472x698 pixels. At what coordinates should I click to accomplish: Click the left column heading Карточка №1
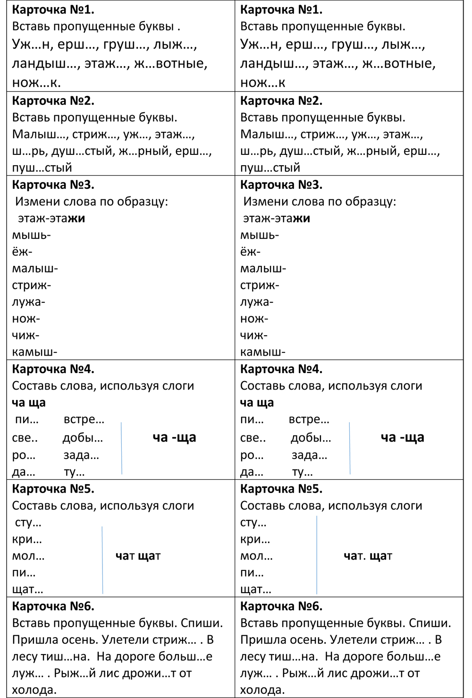53,9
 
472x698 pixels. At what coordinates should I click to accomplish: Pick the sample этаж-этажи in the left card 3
51,218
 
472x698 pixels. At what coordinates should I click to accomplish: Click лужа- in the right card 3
257,302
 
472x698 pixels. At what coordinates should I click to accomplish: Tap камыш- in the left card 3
35,352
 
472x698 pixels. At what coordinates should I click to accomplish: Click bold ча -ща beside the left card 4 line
174,437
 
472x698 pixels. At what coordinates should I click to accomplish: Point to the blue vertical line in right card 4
350,448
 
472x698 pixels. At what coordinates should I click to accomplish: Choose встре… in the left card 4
84,419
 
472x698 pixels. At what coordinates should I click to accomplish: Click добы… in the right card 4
311,438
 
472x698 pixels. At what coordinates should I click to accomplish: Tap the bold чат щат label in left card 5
138,556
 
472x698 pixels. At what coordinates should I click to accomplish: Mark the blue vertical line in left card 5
102,560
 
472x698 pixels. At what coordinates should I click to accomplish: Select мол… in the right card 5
256,556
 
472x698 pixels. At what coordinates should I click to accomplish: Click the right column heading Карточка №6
281,606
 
